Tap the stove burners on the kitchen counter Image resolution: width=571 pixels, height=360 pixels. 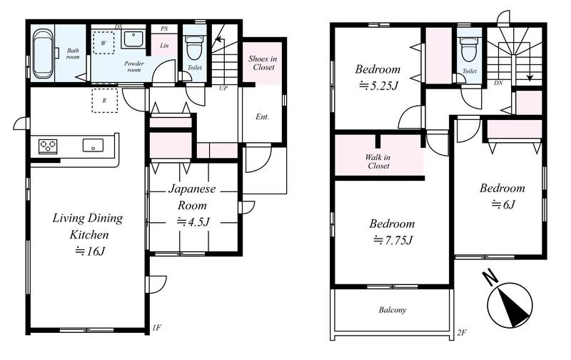[x=48, y=146]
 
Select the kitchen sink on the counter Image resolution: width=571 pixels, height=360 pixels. [x=93, y=145]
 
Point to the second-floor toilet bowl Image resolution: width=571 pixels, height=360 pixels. [x=469, y=50]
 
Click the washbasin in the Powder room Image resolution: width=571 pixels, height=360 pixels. [x=133, y=39]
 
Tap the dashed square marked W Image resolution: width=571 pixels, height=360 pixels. [x=103, y=43]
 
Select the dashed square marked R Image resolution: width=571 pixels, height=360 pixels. [x=104, y=101]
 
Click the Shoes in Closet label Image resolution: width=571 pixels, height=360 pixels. [x=263, y=63]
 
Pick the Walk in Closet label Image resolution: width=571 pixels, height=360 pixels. [x=378, y=161]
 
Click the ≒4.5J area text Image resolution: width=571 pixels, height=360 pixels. [x=193, y=222]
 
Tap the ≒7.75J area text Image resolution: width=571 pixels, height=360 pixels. [x=393, y=240]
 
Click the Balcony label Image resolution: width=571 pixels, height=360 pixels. [x=393, y=310]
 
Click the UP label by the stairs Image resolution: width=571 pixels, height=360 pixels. [x=223, y=89]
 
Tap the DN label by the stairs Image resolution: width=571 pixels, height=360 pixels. [x=498, y=83]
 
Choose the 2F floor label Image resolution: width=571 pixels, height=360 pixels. [x=462, y=332]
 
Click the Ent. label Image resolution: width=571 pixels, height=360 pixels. [x=262, y=117]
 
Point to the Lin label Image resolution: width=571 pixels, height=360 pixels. [x=164, y=46]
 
